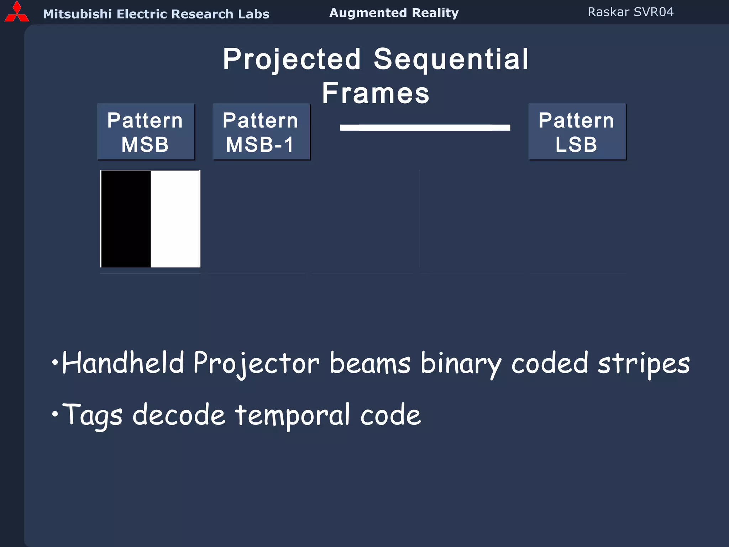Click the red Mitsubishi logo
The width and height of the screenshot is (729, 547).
pos(16,12)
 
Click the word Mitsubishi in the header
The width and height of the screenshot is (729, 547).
pos(77,14)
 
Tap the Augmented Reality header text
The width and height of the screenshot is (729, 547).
pos(394,13)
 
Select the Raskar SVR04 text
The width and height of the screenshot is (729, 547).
pos(630,12)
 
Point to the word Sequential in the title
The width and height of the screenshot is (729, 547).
pos(451,59)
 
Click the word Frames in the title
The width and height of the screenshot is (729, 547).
pos(376,93)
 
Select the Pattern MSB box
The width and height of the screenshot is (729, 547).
pos(146,132)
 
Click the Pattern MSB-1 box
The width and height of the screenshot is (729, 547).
pos(261,132)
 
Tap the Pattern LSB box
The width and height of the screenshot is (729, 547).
pos(577,132)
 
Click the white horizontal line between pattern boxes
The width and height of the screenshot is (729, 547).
pos(425,127)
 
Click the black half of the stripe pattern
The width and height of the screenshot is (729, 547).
pos(126,219)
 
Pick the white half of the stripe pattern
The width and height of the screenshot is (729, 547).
pos(175,219)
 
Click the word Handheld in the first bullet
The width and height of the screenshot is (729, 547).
pos(123,363)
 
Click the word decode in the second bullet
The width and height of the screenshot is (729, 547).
pos(179,415)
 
